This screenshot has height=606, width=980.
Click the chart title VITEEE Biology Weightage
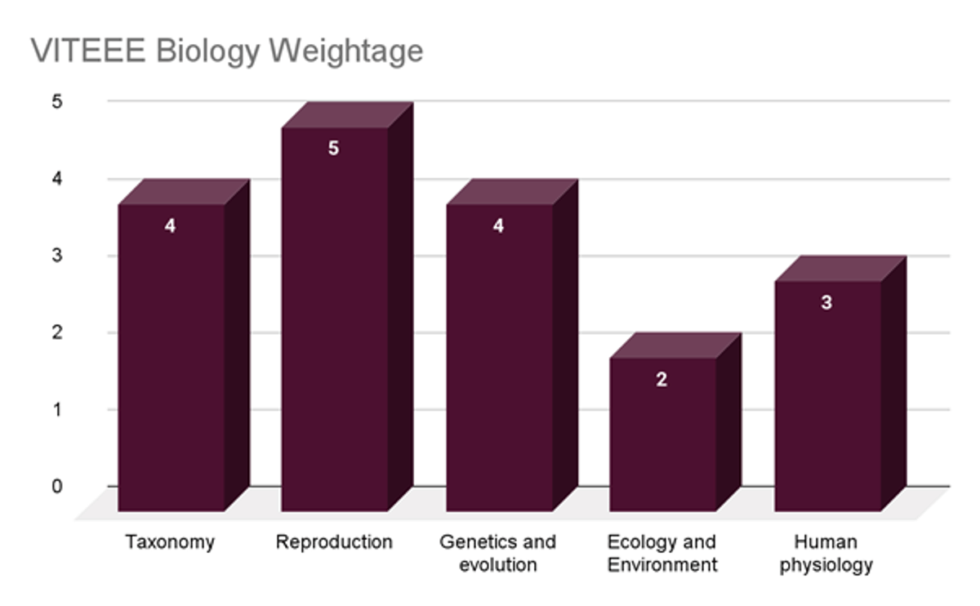[x=227, y=51]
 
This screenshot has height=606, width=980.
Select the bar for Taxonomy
[x=171, y=359]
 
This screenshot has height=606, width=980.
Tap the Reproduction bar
[x=334, y=327]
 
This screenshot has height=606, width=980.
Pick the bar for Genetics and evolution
[x=499, y=359]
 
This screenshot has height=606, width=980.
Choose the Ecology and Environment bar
[x=662, y=437]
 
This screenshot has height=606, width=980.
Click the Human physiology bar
[x=827, y=400]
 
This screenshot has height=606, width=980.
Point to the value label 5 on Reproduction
[x=333, y=149]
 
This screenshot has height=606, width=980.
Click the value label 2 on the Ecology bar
[x=661, y=380]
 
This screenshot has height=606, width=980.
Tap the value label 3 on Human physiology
[x=826, y=303]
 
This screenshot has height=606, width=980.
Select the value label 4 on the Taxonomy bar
[x=170, y=226]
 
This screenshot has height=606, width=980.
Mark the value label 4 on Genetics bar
[x=498, y=226]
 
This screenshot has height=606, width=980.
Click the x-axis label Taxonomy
[x=170, y=542]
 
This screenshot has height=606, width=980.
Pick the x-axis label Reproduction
[x=334, y=542]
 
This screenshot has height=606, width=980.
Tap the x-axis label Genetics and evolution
[x=497, y=553]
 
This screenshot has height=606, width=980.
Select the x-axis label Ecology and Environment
[x=662, y=553]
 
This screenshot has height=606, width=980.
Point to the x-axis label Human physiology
[x=826, y=553]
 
